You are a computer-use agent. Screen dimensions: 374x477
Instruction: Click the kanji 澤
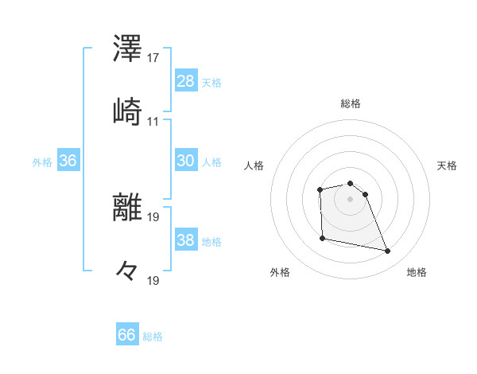coord(128,50)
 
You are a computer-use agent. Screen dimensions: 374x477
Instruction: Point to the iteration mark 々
coord(128,271)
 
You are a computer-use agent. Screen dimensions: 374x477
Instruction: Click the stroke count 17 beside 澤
coord(153,58)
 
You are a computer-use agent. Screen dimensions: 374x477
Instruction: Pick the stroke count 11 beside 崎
coord(153,121)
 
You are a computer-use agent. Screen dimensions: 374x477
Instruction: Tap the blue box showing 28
coord(186,81)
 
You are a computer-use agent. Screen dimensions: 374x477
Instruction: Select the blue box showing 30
coord(186,161)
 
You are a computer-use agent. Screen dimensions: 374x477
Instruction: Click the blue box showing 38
coord(186,240)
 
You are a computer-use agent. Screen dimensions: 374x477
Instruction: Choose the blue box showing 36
coord(68,161)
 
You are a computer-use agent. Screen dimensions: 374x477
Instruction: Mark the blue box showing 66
coord(127,335)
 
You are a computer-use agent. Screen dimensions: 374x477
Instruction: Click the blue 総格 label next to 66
coord(153,337)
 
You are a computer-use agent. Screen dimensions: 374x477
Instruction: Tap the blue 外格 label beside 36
coord(42,162)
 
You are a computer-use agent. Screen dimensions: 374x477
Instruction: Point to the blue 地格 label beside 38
coord(211,241)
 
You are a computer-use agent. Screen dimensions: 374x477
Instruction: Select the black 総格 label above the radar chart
coord(351,103)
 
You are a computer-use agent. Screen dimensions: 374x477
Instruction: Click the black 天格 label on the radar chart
coord(448,166)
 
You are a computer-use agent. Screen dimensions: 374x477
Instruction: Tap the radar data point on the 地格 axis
coord(388,251)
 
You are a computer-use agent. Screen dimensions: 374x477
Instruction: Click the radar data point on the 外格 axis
coord(322,238)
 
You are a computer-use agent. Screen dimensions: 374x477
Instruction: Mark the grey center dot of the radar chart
coord(351,199)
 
